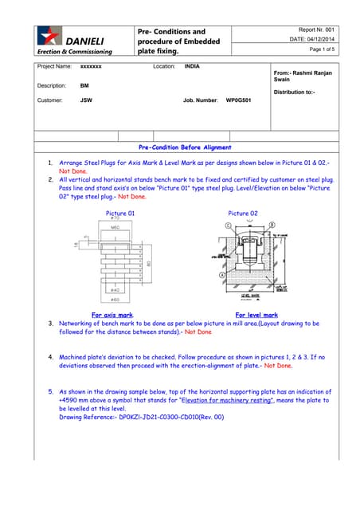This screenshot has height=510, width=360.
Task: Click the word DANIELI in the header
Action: pos(83,40)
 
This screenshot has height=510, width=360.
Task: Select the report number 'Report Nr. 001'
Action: pos(316,29)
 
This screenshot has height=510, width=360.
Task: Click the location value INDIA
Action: pos(192,67)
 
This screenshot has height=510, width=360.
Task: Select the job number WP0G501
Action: pos(238,101)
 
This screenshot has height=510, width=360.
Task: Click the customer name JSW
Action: pos(85,101)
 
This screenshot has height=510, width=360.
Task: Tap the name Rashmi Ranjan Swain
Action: pos(303,76)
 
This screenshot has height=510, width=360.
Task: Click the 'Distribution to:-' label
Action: pos(294,92)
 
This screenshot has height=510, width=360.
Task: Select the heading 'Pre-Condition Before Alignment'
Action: pos(185,147)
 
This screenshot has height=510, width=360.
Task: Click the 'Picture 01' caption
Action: pos(120,214)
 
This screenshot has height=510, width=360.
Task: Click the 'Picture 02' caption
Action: pos(243,214)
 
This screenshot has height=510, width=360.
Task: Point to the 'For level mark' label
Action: pos(256,316)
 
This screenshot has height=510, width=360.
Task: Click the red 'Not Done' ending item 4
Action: pos(278,366)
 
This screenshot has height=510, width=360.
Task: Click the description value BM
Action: pos(84,84)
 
